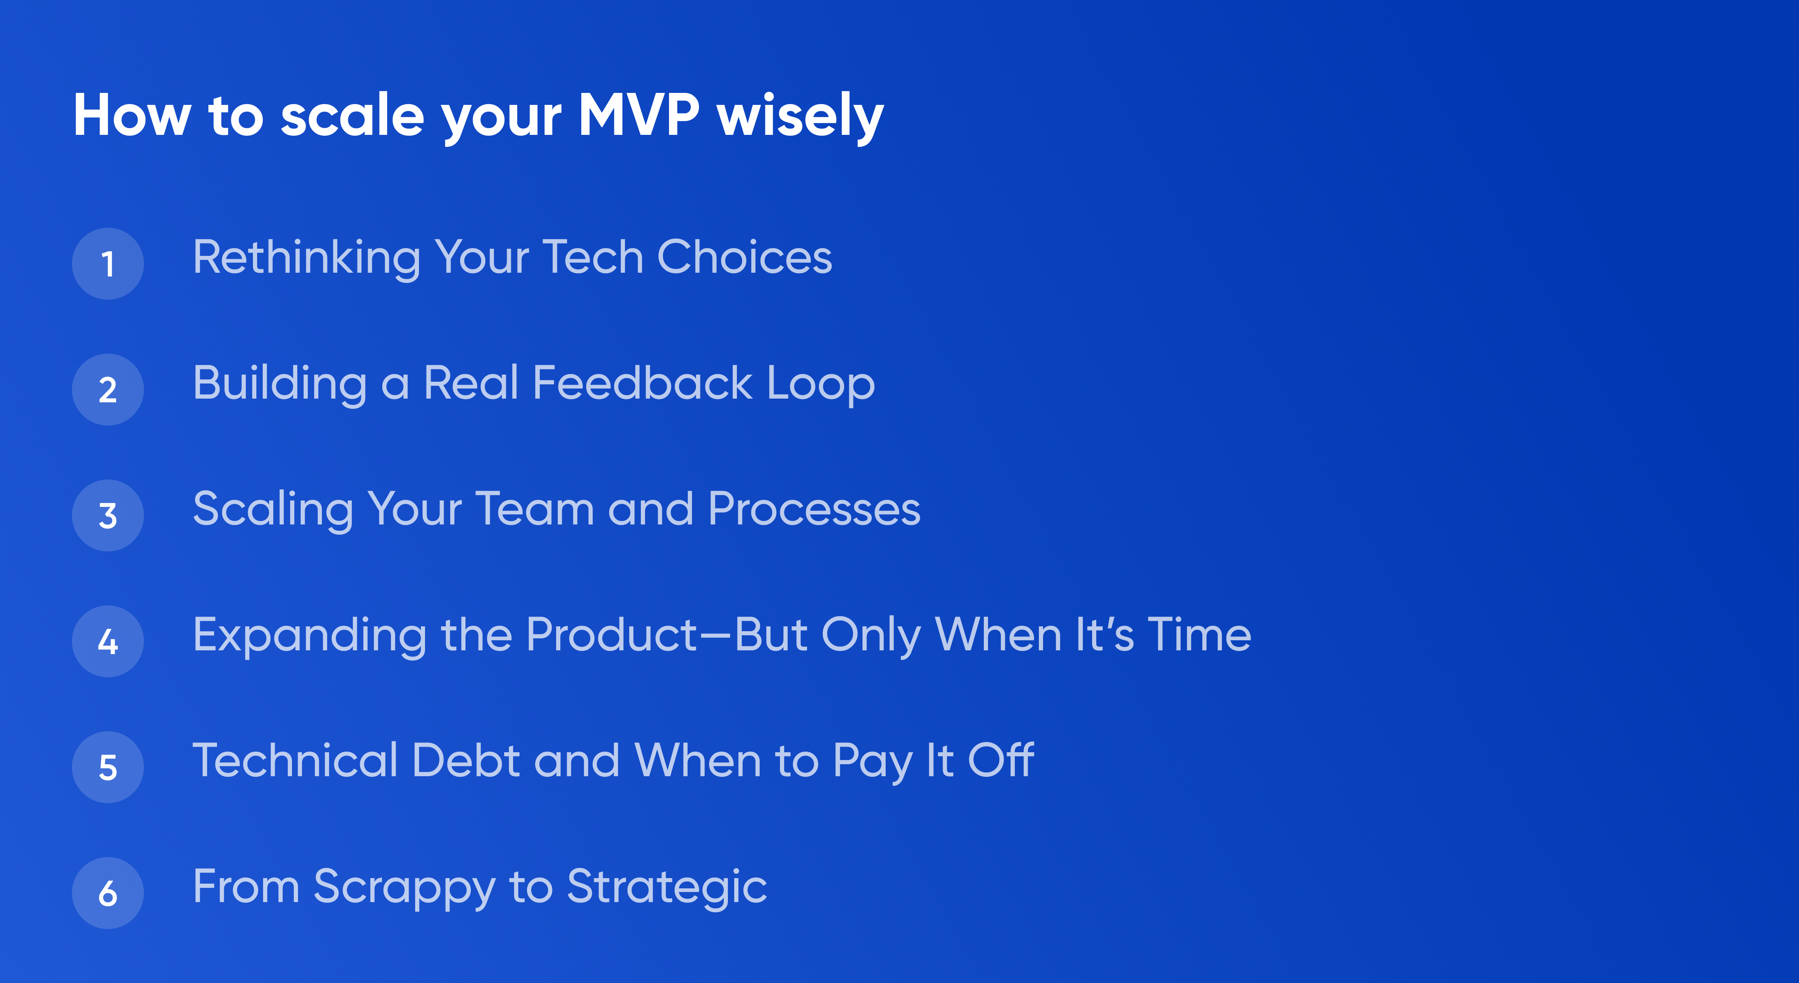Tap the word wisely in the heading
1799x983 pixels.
tap(800, 117)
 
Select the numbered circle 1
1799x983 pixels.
tap(108, 264)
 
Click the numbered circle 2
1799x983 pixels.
tap(108, 390)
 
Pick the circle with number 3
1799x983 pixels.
tap(108, 515)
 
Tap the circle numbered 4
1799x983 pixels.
tap(108, 641)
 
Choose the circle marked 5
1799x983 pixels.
tap(108, 766)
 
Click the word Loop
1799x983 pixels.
tap(820, 385)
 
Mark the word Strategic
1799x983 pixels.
tap(667, 888)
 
